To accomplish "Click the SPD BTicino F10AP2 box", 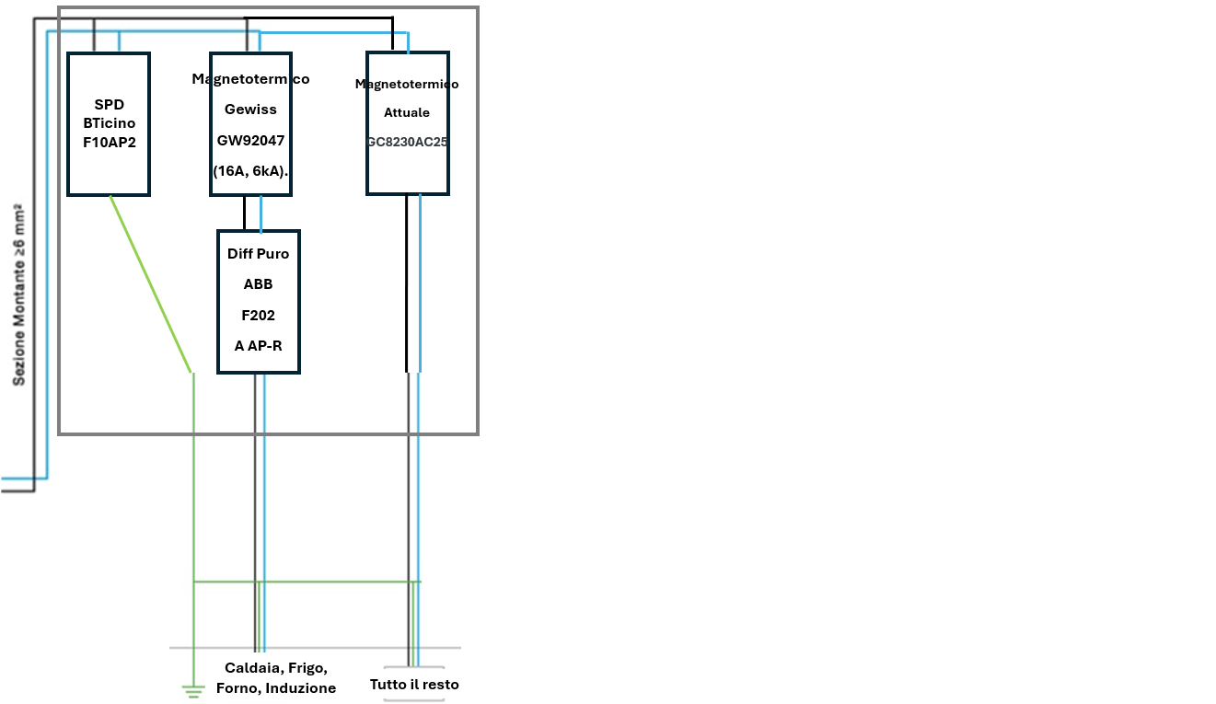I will pos(109,166).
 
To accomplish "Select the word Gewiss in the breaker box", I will pos(250,110).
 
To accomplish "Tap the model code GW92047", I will pos(250,140).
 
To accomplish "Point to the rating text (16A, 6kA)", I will pos(250,170).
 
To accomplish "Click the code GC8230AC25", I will pos(407,143).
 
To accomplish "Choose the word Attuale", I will pos(407,113).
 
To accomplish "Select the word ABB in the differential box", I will pos(259,284).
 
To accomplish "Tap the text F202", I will pos(259,315).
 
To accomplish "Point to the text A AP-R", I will pos(259,345).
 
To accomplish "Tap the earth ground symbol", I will pos(192,689).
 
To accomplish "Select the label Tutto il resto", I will pos(414,685).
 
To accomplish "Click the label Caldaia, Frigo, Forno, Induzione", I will pos(276,678).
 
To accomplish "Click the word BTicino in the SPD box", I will pos(109,123).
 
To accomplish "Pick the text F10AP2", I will pos(109,142).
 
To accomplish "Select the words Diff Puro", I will pos(259,254).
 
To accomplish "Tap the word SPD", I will pos(109,105).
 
